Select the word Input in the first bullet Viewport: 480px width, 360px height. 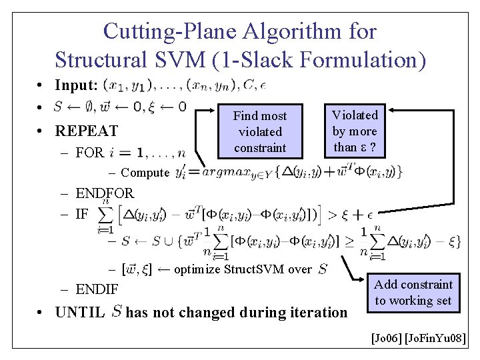pos(76,85)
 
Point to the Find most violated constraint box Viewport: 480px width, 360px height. pos(259,131)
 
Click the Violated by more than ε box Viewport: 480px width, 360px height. pos(355,131)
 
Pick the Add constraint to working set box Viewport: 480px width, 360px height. pos(413,292)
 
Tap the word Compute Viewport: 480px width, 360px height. pos(145,173)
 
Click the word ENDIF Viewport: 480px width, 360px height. pos(97,289)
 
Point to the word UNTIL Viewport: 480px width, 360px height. pos(80,312)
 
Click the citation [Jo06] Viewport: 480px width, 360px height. pos(386,339)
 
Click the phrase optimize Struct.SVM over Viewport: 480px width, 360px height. pos(243,269)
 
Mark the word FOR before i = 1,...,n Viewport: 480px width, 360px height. pos(89,153)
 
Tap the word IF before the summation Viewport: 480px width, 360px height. pos(82,214)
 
